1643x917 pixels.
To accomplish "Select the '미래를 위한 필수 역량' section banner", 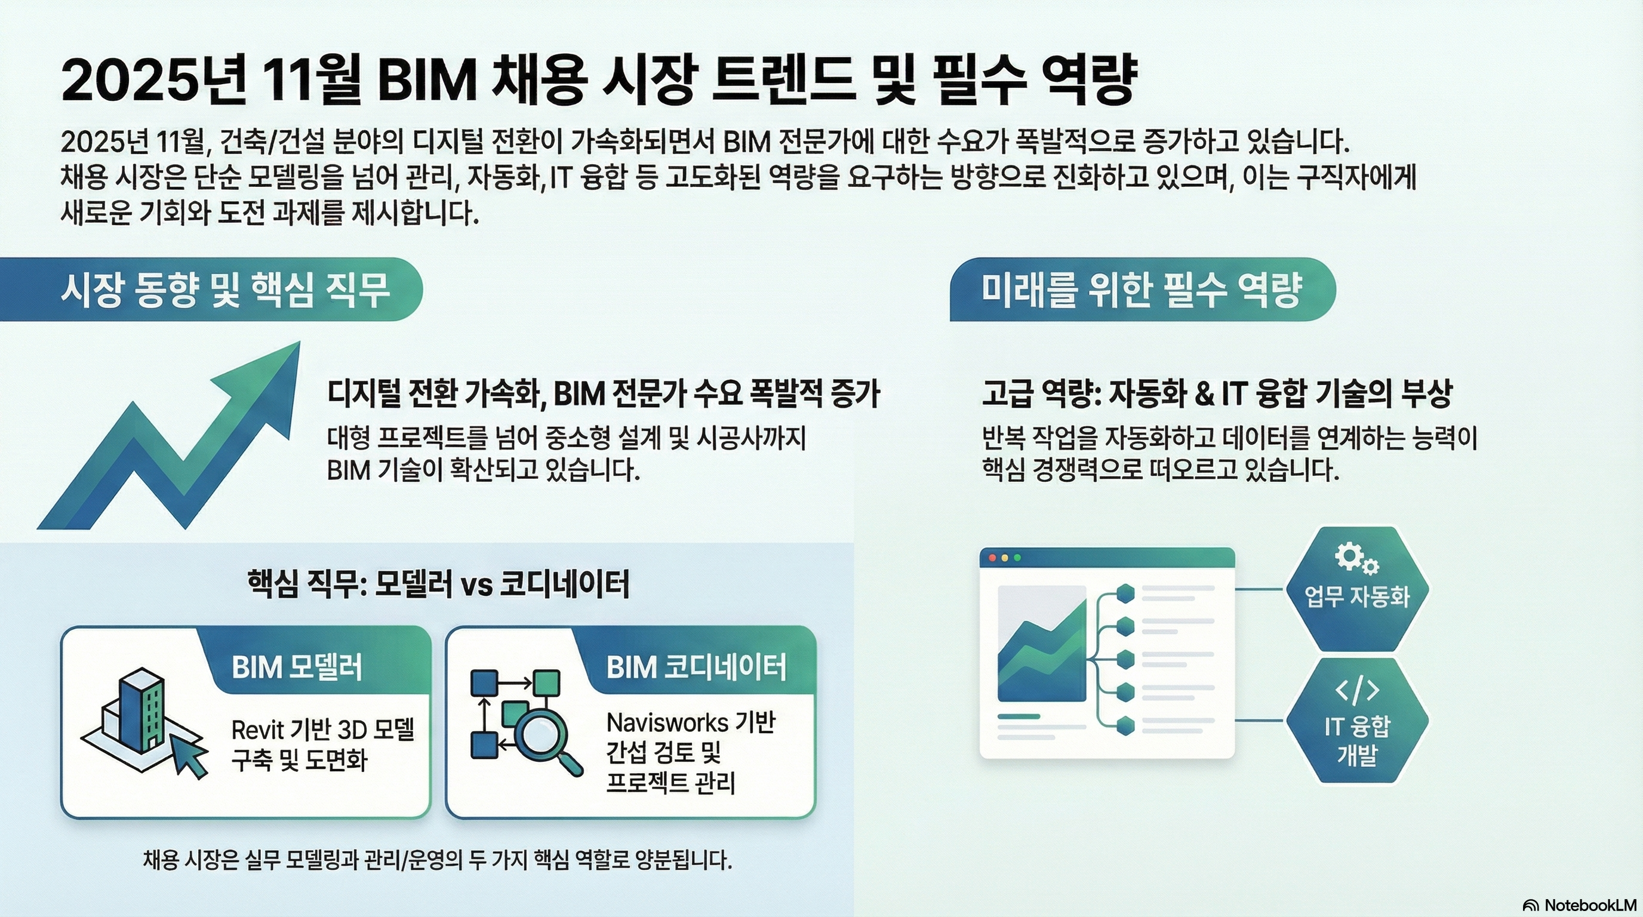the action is (x=1141, y=290).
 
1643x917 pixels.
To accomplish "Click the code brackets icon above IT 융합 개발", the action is (x=1356, y=690).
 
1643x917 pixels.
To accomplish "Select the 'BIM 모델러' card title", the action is (x=297, y=667).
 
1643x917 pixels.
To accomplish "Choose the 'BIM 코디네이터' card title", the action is (x=696, y=667).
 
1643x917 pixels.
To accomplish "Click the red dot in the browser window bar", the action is (x=992, y=558).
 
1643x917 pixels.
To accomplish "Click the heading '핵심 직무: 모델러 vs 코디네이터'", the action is (x=438, y=583).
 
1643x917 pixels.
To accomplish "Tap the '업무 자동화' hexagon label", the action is (x=1356, y=597).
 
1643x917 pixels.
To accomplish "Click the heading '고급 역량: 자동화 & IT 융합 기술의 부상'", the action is (x=1216, y=393).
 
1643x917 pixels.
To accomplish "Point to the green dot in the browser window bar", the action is (x=1017, y=558).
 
